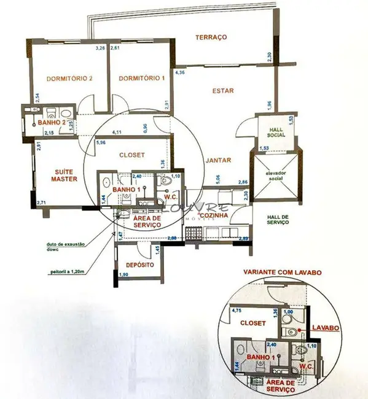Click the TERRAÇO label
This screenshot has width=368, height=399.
tap(211, 37)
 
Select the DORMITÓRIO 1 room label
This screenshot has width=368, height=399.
tap(142, 79)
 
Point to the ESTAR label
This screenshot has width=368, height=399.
tap(223, 91)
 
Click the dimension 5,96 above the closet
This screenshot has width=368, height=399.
tap(101, 144)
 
